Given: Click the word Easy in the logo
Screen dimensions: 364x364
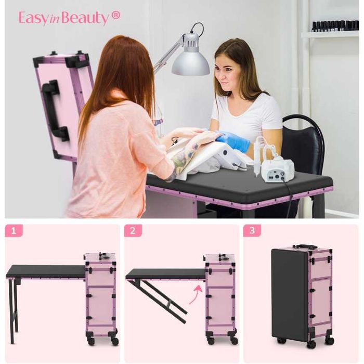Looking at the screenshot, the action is [33, 18].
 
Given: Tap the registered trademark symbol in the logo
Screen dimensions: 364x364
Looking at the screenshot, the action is [116, 15].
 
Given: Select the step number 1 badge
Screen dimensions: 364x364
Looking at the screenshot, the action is [14, 231].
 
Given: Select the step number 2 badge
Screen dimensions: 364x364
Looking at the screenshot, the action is [133, 231].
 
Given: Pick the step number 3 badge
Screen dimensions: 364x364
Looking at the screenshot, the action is [252, 231].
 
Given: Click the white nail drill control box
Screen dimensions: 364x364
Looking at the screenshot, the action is [278, 169].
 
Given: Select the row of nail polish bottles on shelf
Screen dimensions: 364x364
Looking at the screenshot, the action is [335, 25].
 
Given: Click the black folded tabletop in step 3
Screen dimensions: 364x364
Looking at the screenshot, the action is [290, 296].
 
